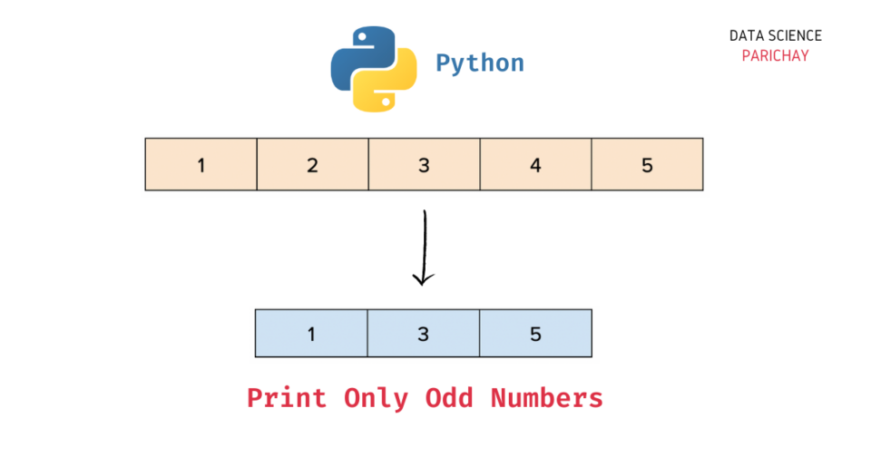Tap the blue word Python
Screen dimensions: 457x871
[x=480, y=63]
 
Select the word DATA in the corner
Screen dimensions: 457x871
[x=747, y=36]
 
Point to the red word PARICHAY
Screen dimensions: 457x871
[x=775, y=55]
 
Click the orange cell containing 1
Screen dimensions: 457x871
[x=201, y=164]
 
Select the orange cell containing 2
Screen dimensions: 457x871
[x=312, y=164]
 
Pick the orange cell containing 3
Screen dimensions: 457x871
[x=424, y=164]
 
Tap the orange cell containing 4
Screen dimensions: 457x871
[x=535, y=164]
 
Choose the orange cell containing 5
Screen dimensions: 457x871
[x=647, y=164]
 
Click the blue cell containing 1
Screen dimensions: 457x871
[x=311, y=333]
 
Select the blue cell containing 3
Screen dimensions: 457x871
[x=423, y=333]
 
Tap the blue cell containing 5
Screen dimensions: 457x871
[x=535, y=333]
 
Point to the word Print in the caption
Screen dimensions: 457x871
[x=286, y=398]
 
